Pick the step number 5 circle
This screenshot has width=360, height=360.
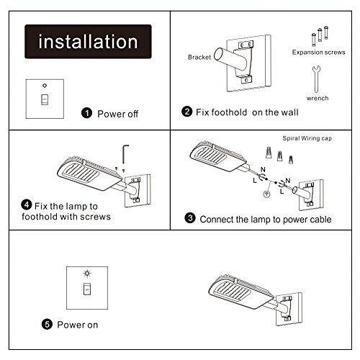[47, 325]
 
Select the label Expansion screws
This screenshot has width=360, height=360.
[314, 52]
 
